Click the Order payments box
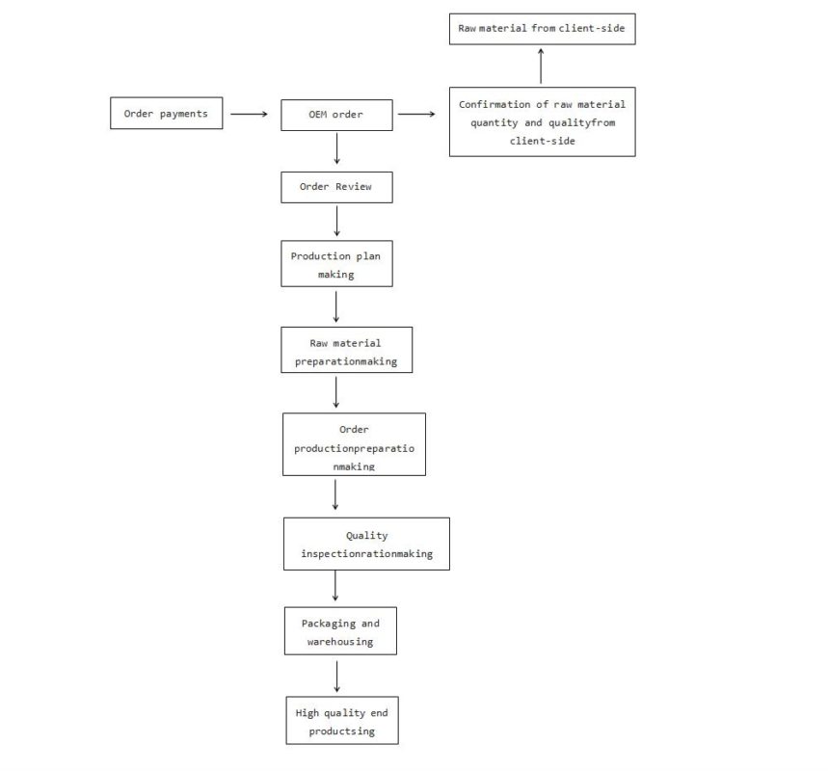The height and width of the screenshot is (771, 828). click(x=167, y=113)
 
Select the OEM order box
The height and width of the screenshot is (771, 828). click(x=336, y=115)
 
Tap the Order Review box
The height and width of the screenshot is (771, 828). click(x=336, y=187)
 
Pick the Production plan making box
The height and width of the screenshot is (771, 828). click(x=336, y=263)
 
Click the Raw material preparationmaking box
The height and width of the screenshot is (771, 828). click(x=346, y=350)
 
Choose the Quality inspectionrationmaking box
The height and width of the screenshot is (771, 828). click(x=366, y=544)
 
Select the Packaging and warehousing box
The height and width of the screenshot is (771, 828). click(x=340, y=630)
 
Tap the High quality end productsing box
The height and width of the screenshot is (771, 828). click(x=342, y=720)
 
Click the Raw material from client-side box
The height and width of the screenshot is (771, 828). click(x=543, y=29)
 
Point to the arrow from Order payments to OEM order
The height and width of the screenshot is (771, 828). click(x=249, y=114)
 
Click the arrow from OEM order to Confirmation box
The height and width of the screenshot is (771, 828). click(x=416, y=114)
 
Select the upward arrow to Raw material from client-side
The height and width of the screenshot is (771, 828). click(x=541, y=66)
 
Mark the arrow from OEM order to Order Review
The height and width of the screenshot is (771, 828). click(x=337, y=149)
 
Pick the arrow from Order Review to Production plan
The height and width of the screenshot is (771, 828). click(x=337, y=221)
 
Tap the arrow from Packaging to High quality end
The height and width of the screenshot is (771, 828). click(x=337, y=677)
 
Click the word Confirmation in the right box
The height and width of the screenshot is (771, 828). click(x=494, y=104)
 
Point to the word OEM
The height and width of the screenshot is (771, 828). click(x=318, y=114)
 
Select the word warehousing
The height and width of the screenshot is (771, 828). click(x=340, y=642)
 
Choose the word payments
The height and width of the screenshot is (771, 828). click(x=184, y=114)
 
